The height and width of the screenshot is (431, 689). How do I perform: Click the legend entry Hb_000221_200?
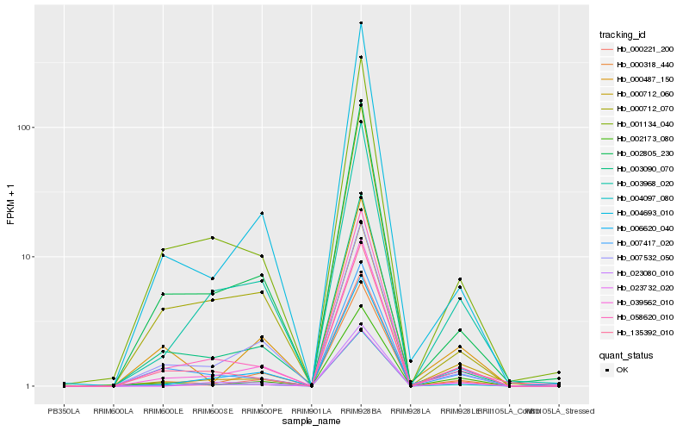click(x=638, y=49)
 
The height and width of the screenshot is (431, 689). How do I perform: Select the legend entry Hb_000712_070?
click(x=638, y=109)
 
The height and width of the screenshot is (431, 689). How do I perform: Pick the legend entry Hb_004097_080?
click(x=638, y=198)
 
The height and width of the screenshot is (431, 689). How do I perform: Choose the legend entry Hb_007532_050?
click(x=638, y=258)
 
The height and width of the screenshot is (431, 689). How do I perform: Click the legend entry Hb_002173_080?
click(x=638, y=139)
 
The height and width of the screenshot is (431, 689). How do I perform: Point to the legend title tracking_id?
click(x=623, y=34)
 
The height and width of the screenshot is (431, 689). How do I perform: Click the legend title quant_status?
click(x=625, y=355)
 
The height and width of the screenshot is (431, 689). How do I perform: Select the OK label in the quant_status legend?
click(x=623, y=370)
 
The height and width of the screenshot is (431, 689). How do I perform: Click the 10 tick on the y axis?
click(x=28, y=257)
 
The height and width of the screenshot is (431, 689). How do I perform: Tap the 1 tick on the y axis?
click(x=31, y=386)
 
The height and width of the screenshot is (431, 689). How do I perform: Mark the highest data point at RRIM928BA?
click(x=361, y=22)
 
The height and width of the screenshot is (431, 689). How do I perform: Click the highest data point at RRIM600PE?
click(x=262, y=213)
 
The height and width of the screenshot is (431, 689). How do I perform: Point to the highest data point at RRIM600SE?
click(x=212, y=238)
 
